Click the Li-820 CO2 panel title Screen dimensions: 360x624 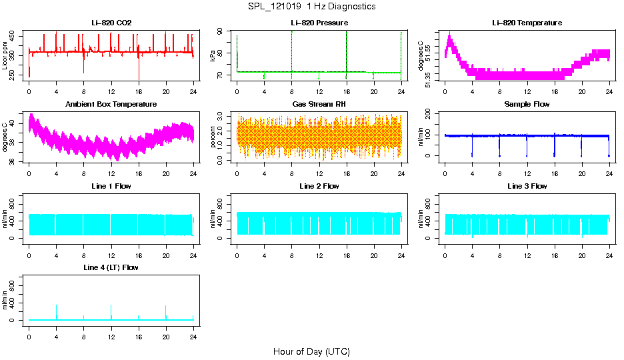coord(111,23)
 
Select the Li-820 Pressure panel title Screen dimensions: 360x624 coord(319,23)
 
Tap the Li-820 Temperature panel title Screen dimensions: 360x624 coord(527,23)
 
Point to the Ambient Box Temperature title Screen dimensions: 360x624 coord(111,105)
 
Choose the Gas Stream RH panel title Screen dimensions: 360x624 coord(319,105)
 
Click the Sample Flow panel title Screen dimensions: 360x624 coord(527,105)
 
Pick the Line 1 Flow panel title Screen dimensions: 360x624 coord(111,186)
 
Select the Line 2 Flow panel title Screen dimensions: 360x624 coord(319,186)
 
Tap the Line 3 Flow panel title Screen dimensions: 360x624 coord(527,186)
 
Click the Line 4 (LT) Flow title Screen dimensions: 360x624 coord(111,267)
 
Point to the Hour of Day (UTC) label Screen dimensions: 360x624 coord(311,351)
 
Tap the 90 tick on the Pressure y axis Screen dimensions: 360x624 coord(227,31)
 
